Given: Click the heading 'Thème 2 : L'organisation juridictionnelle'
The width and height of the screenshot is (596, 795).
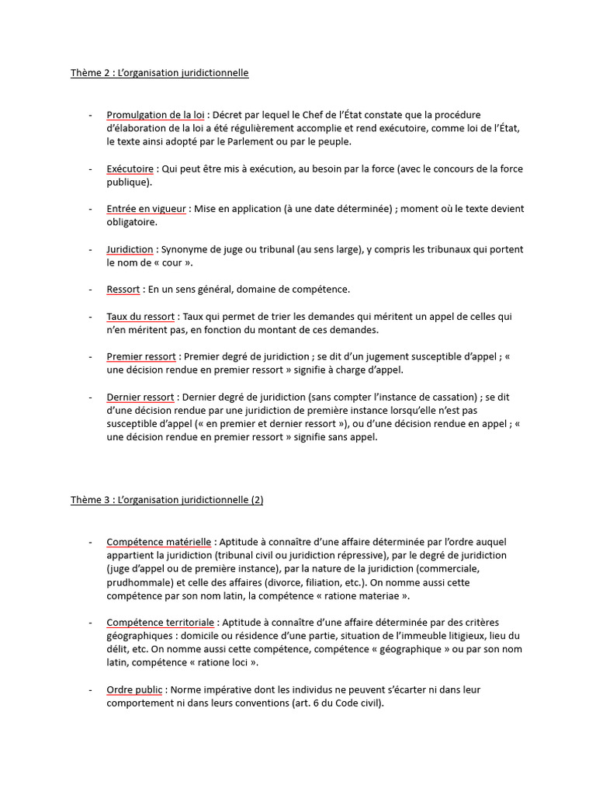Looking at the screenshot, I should [x=160, y=73].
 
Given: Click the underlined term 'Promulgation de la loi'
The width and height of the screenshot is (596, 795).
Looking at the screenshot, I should [x=155, y=115].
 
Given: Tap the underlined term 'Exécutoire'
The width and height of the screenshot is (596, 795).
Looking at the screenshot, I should [x=130, y=168].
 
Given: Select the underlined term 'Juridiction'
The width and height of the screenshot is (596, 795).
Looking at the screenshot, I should [x=130, y=249].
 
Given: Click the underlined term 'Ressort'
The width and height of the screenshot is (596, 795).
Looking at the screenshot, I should [x=123, y=290].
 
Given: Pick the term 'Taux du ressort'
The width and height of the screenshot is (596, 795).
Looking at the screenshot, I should [x=141, y=317].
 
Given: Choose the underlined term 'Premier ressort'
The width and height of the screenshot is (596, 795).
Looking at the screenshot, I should [x=141, y=357].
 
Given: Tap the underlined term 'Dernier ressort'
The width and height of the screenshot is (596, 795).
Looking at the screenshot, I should [x=140, y=397].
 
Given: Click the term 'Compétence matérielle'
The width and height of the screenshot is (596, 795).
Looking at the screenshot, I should [x=158, y=541].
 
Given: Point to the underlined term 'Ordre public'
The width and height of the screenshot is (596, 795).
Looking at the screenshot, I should [x=134, y=689].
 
